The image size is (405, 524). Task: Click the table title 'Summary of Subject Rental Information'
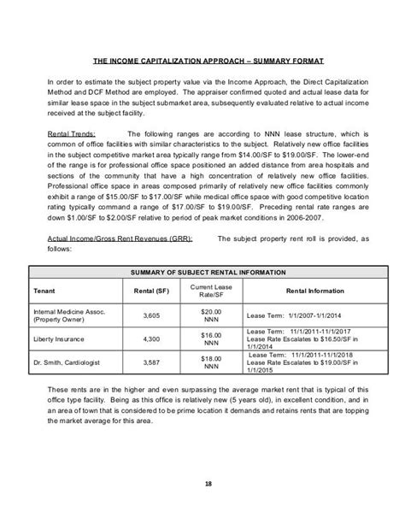[203, 271]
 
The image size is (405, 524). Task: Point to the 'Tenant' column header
[44, 291]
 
